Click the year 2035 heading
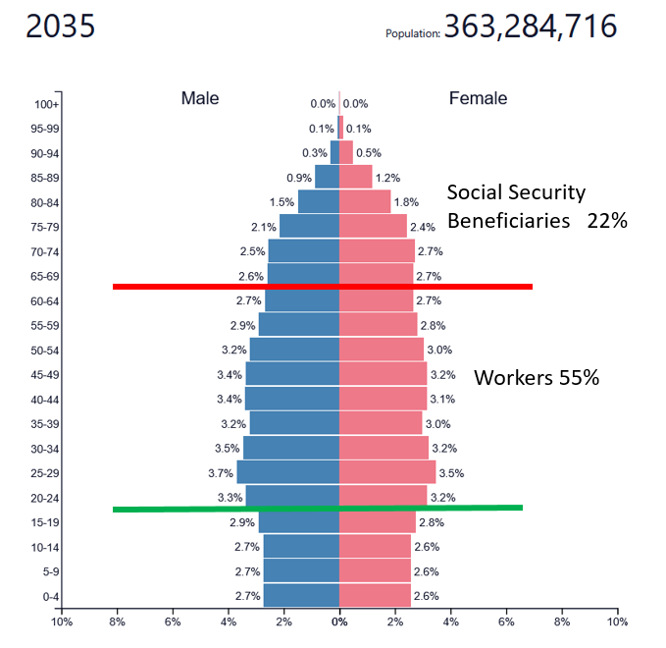[60, 27]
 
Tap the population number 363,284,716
[530, 27]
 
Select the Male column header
[200, 98]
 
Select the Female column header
[478, 98]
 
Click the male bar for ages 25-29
[288, 472]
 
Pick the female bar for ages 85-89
[355, 178]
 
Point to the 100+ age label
[47, 104]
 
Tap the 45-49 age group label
[45, 374]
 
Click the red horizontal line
[323, 287]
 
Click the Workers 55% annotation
[537, 378]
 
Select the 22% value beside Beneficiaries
[607, 221]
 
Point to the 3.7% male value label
[220, 473]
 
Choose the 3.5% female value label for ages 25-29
[451, 473]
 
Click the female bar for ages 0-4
[375, 596]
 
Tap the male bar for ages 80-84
[319, 201]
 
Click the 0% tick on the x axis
[339, 621]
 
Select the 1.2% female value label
[388, 178]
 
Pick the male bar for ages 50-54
[294, 350]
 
